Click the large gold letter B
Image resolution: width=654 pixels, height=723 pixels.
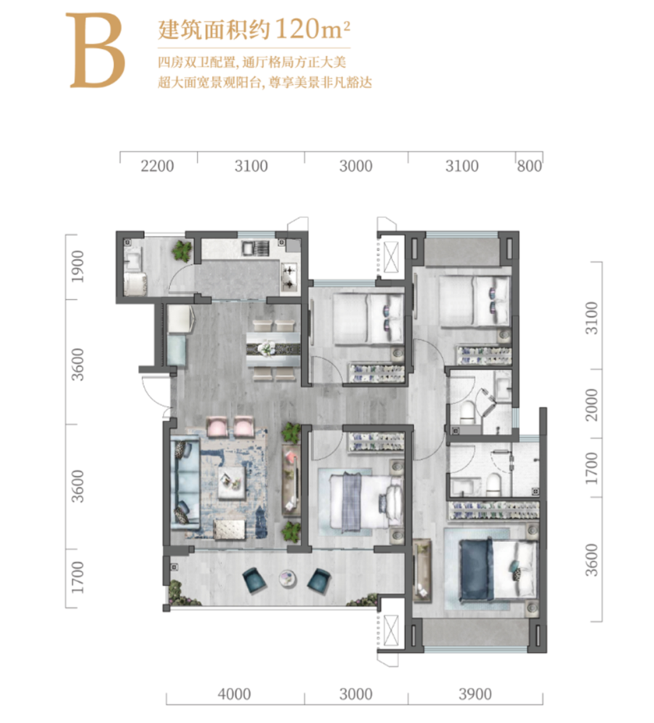[95, 50]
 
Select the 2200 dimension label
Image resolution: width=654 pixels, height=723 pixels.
[157, 166]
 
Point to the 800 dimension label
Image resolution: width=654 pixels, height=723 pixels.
[529, 166]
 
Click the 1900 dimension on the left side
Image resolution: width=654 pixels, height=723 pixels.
[79, 267]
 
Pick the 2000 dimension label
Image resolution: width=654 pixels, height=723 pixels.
[591, 405]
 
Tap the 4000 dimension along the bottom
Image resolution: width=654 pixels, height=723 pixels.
[234, 694]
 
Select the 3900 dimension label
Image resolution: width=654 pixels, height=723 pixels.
[475, 694]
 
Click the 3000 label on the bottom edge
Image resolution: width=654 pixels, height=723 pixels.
[355, 694]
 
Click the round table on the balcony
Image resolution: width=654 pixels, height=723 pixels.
[287, 578]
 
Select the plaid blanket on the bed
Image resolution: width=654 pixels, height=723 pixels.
[352, 501]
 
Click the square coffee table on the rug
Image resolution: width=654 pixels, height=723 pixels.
[232, 482]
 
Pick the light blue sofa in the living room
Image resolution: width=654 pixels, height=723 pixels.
[185, 485]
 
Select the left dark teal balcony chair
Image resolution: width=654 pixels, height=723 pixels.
[254, 580]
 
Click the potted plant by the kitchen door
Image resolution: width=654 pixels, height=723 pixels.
[182, 251]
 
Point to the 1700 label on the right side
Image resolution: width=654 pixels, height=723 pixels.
[591, 468]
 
